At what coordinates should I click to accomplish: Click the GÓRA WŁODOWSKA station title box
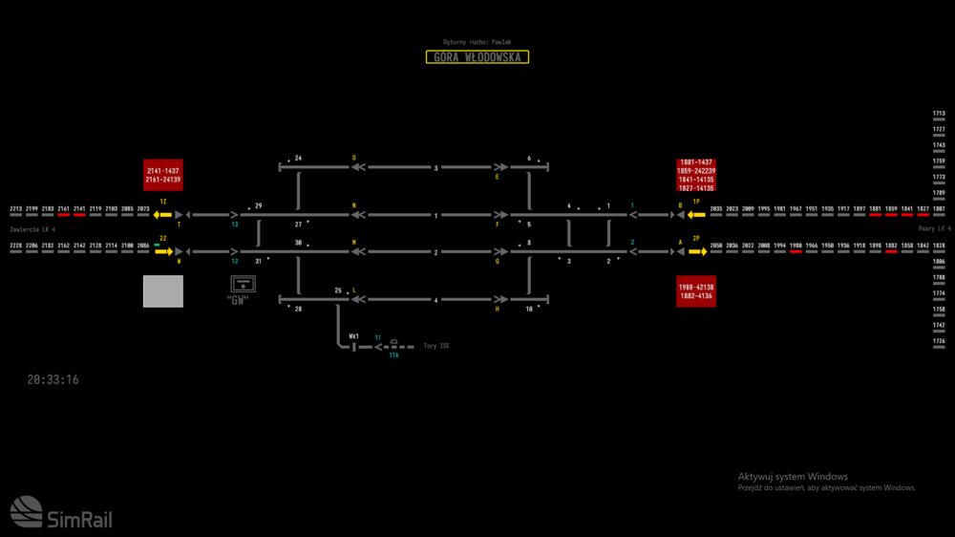point(477,57)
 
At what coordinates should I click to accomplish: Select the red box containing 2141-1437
point(162,175)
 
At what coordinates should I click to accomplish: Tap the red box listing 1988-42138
point(696,291)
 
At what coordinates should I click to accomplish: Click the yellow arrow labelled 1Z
point(162,214)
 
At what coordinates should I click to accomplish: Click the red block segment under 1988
point(796,251)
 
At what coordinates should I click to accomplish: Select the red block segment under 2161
point(64,214)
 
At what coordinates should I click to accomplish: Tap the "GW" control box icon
point(243,284)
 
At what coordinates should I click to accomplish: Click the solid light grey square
point(162,291)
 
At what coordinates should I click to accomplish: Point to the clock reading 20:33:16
point(53,380)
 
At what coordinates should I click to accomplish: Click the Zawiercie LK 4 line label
point(32,230)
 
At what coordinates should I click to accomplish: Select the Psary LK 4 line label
point(934,230)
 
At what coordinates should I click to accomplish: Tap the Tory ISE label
point(436,346)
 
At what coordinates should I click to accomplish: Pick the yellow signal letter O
point(353,157)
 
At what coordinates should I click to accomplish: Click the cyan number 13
point(235,225)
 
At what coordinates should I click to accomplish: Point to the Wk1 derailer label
point(353,336)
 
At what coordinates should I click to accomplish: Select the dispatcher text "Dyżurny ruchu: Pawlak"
point(477,42)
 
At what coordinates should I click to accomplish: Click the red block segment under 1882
point(891,251)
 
